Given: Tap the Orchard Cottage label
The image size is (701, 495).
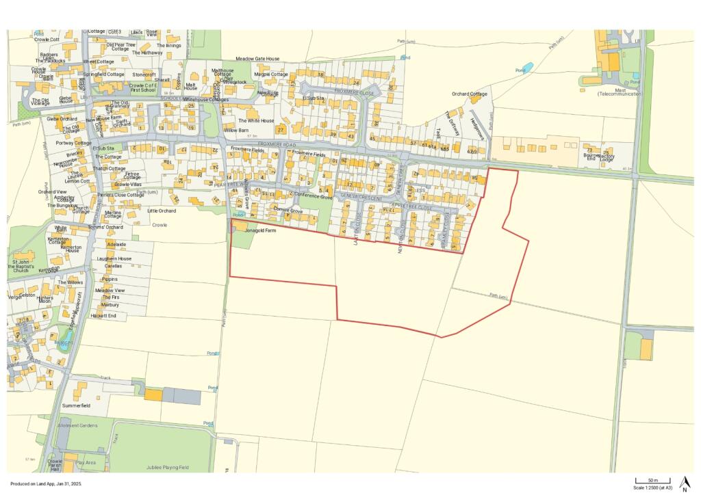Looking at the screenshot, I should [x=470, y=94].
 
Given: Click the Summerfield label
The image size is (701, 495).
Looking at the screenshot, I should [x=77, y=405].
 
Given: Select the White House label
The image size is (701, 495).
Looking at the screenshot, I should [x=260, y=121].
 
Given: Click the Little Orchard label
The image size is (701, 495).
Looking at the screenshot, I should [x=162, y=211].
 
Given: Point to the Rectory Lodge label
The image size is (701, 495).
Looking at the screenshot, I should [x=606, y=158].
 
